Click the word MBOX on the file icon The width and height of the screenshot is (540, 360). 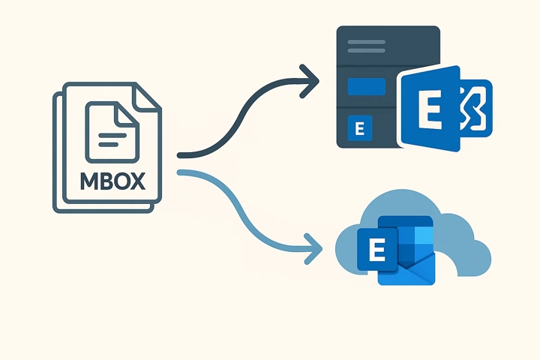[112, 183]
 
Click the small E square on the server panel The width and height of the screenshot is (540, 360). [358, 128]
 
